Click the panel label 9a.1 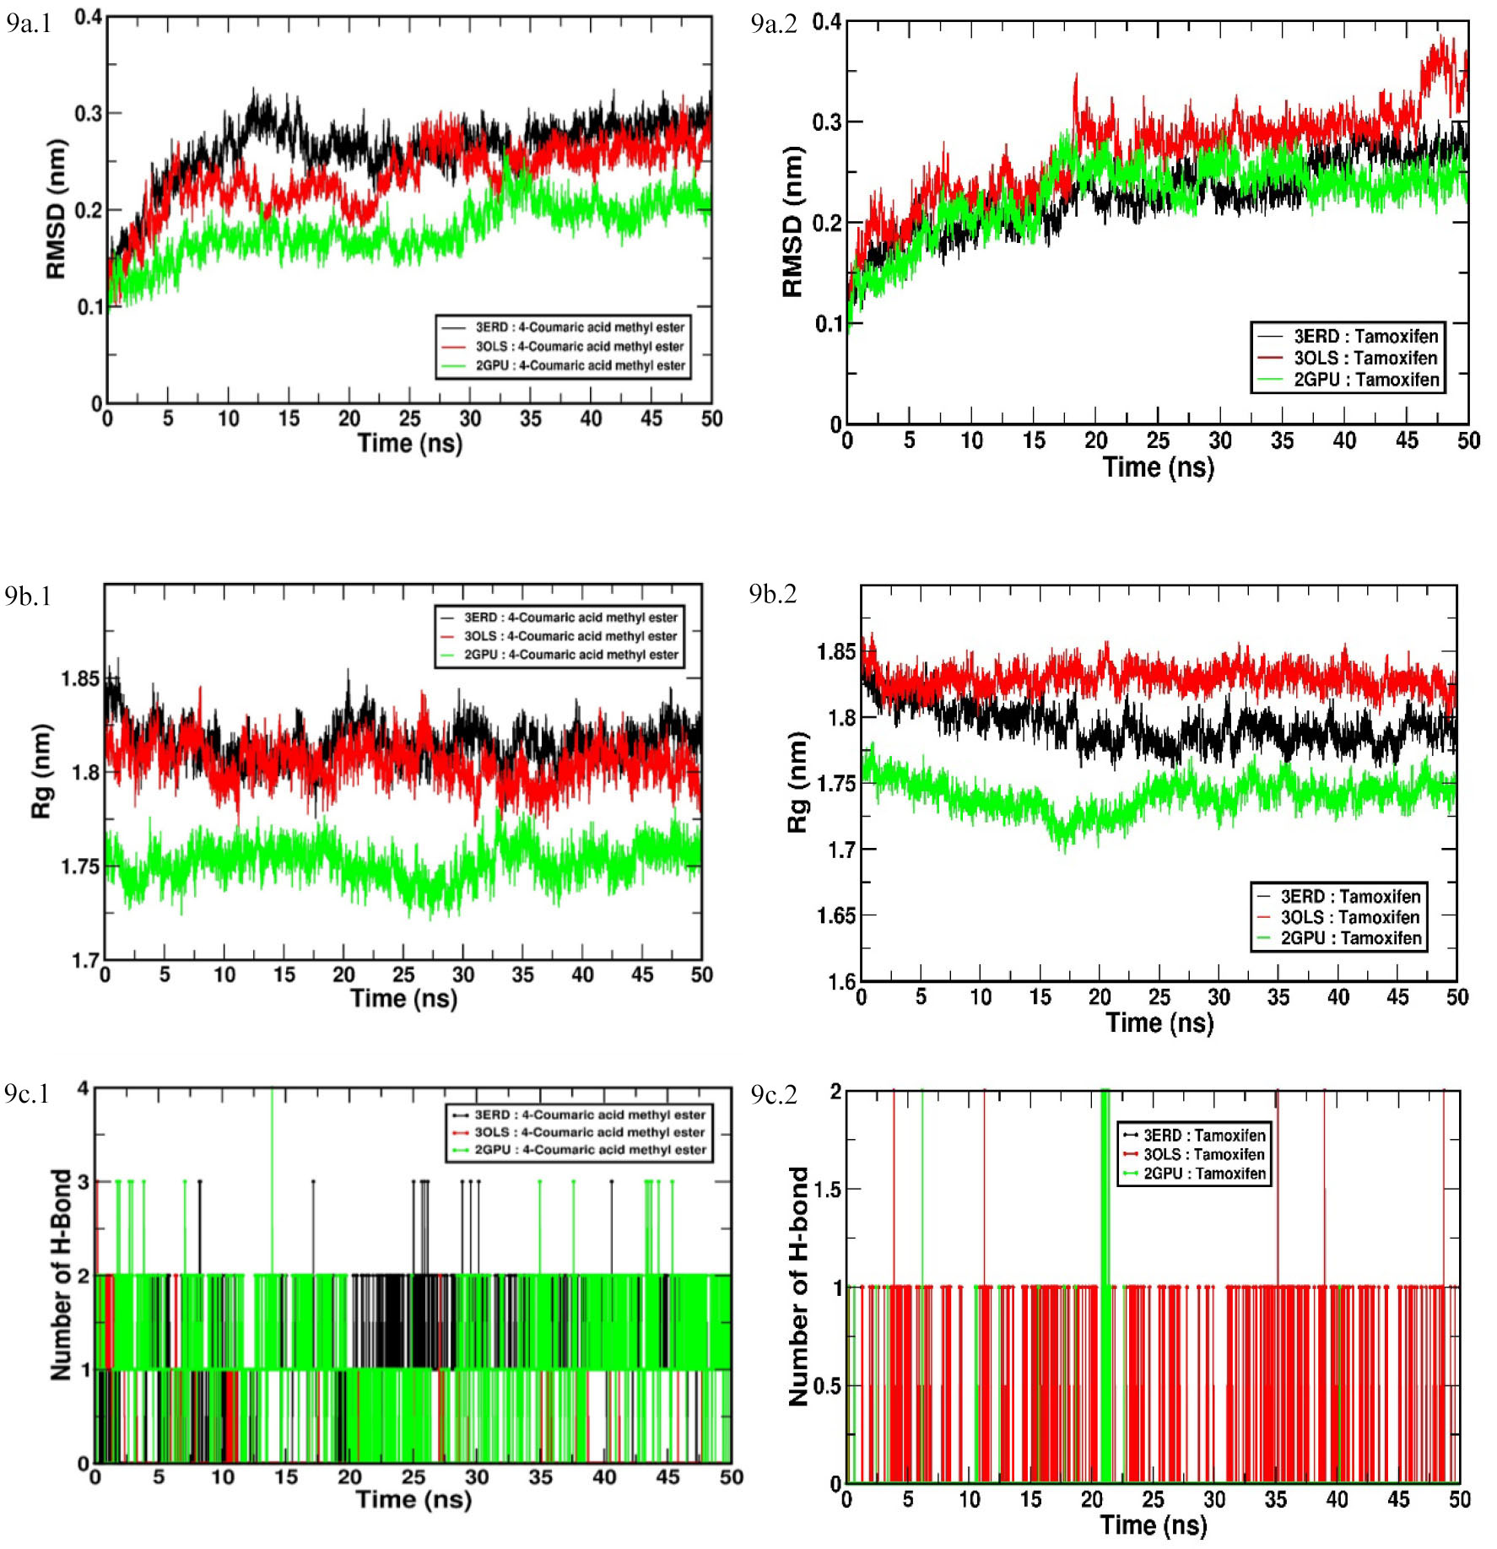[x=30, y=23]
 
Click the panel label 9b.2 [x=772, y=594]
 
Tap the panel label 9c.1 [x=27, y=1093]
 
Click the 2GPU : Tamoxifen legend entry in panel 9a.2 [x=1348, y=380]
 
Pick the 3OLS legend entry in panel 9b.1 [x=559, y=636]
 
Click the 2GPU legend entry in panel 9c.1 [x=580, y=1149]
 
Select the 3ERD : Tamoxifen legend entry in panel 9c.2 [x=1194, y=1136]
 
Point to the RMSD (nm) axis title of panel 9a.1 [x=56, y=208]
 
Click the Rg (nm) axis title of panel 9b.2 [x=797, y=782]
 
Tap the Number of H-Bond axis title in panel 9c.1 [x=61, y=1275]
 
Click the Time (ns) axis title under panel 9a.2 [x=1159, y=467]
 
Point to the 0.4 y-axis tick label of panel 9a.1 [x=89, y=17]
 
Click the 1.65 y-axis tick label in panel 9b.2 [x=835, y=915]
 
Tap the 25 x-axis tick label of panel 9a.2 [x=1158, y=440]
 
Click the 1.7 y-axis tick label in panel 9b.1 [x=86, y=961]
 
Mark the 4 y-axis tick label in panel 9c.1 [x=83, y=1088]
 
